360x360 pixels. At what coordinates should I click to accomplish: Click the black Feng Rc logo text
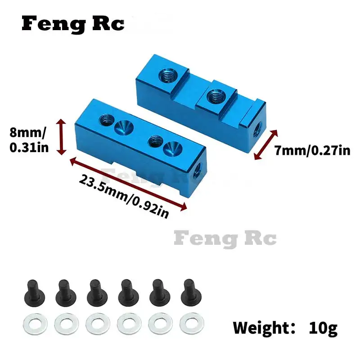73,24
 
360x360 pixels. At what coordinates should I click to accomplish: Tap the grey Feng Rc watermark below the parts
225,238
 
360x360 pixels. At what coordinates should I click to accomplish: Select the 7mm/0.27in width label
312,150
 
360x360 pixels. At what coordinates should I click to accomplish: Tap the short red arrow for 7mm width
265,145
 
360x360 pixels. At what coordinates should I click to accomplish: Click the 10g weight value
323,328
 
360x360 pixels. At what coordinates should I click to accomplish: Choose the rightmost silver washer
189,323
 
